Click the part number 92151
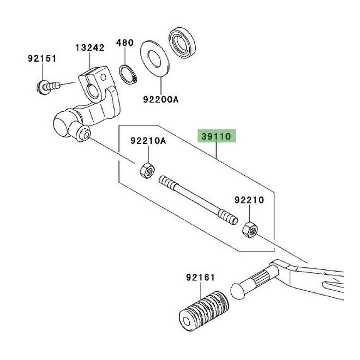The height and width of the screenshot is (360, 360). click(42, 58)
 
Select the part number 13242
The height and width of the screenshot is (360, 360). click(90, 48)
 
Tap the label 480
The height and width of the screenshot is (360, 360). click(125, 43)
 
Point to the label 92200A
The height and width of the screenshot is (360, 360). click(161, 99)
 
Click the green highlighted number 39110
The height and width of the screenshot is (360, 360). click(217, 136)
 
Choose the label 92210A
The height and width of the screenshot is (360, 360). click(148, 141)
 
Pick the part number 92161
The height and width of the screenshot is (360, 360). click(200, 277)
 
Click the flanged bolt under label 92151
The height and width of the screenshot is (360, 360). click(48, 87)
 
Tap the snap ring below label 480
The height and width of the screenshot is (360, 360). click(128, 75)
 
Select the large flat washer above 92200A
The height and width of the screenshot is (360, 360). click(154, 58)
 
